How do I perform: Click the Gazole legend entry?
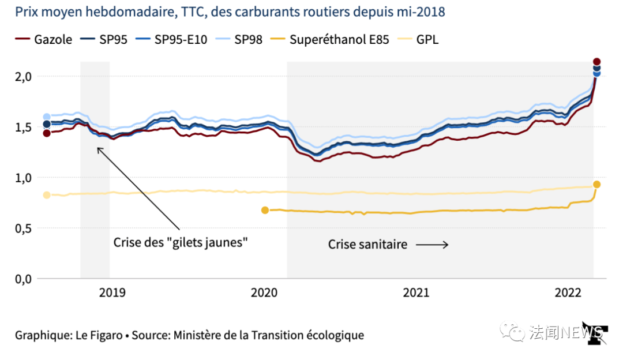pyautogui.click(x=44, y=40)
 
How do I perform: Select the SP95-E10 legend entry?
pyautogui.click(x=173, y=40)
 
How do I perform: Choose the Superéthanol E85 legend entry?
pyautogui.click(x=332, y=40)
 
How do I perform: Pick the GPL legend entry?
pyautogui.click(x=420, y=40)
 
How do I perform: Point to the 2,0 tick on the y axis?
pyautogui.click(x=23, y=77)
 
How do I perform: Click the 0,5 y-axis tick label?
pyautogui.click(x=23, y=228)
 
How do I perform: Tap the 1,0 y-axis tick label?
pyautogui.click(x=23, y=178)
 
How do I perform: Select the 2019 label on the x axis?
pyautogui.click(x=112, y=293)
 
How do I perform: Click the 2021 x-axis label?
pyautogui.click(x=416, y=293)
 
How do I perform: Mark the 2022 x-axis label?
pyautogui.click(x=567, y=293)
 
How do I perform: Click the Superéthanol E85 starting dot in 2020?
pyautogui.click(x=265, y=210)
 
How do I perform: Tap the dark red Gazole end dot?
pyautogui.click(x=597, y=62)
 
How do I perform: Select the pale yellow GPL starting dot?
pyautogui.click(x=47, y=195)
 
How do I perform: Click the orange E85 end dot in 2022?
pyautogui.click(x=597, y=185)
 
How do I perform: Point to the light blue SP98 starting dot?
pyautogui.click(x=47, y=117)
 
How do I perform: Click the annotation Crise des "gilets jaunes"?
pyautogui.click(x=181, y=242)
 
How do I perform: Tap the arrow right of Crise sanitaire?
pyautogui.click(x=432, y=245)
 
